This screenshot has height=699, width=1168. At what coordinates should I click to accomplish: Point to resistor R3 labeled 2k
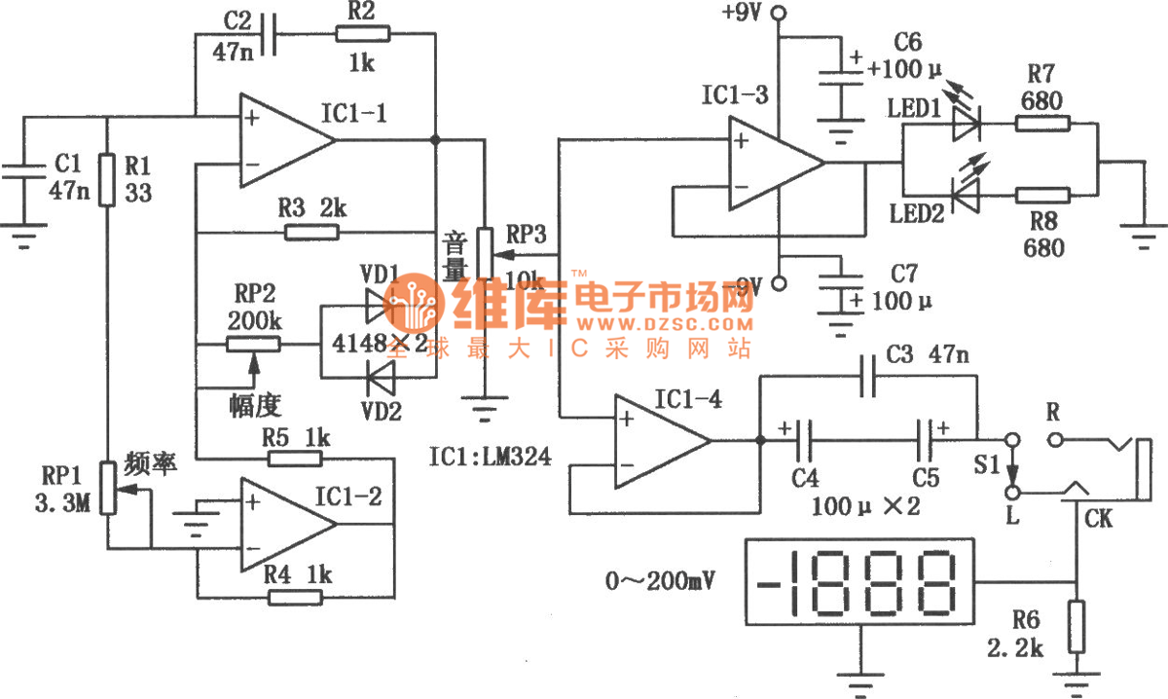coord(312,232)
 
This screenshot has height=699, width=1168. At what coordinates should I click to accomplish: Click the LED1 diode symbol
coord(965,124)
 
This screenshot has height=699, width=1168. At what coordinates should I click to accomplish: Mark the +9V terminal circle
coord(778,14)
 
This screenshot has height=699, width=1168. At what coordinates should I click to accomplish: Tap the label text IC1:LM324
coord(488,455)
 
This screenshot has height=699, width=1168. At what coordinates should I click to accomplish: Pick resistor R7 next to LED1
coord(1042,124)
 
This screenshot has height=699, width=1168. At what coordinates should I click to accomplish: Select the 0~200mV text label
coord(659,582)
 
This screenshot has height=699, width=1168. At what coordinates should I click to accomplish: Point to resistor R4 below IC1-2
coord(295,597)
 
